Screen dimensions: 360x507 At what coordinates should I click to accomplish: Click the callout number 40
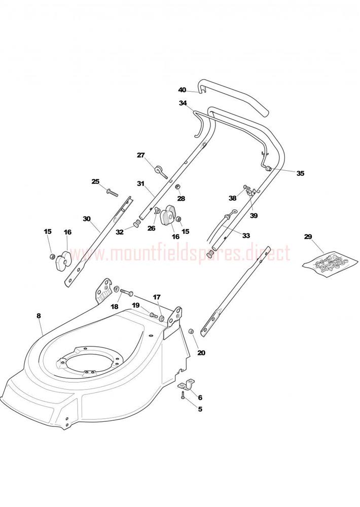point(182,90)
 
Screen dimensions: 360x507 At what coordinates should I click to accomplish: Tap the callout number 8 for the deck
point(39,316)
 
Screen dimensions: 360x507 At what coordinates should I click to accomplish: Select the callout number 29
point(308,236)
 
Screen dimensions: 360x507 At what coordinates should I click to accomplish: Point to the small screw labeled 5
point(184,395)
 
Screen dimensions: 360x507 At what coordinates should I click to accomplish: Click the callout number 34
point(183,103)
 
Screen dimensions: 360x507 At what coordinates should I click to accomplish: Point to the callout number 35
point(301,173)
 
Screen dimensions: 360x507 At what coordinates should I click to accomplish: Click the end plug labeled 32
point(137,224)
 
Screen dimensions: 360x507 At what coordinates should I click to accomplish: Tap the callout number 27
point(140,155)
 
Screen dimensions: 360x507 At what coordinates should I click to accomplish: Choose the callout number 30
point(87,219)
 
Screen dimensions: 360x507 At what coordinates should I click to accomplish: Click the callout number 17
point(157,297)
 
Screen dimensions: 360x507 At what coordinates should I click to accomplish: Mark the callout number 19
point(135,305)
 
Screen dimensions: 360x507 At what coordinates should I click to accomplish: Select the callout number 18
point(115,307)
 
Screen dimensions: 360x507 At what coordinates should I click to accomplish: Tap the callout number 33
point(246,236)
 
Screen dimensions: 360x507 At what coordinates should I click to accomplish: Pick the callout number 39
point(254,215)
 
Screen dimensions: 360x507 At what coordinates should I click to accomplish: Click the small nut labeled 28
point(177,187)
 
